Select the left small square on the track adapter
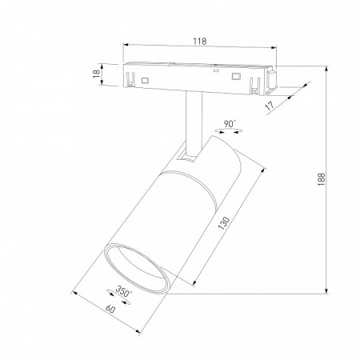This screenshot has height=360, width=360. coord(146,80)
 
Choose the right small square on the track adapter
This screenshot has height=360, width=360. coord(236,76)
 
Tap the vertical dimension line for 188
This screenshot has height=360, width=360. coord(327,183)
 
